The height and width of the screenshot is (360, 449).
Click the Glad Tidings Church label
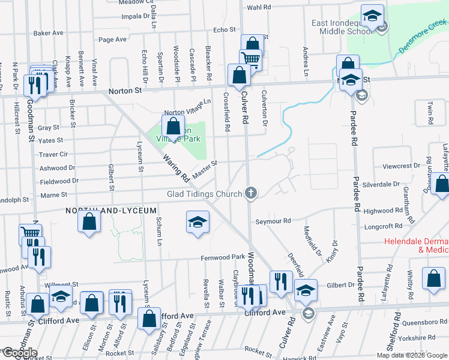point(205,193)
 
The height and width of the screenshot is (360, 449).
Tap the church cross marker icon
point(251,193)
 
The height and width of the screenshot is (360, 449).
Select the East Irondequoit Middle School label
point(344,27)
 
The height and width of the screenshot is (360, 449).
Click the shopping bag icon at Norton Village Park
point(173,126)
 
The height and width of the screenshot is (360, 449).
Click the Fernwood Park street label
point(221,257)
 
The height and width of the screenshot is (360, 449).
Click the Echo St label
point(224,29)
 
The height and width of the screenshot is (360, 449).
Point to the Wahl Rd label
point(259,7)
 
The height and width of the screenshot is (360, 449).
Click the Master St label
point(205,166)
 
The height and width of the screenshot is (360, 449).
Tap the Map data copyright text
point(411,355)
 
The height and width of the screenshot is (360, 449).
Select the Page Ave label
point(112,40)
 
